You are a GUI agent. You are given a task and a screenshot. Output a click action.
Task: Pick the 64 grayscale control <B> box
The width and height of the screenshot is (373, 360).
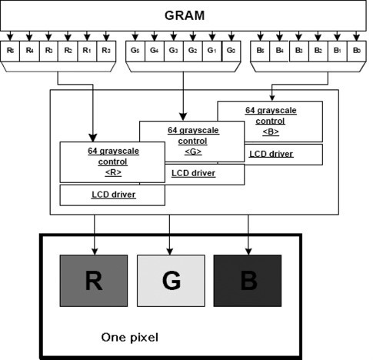pyautogui.click(x=270, y=121)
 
